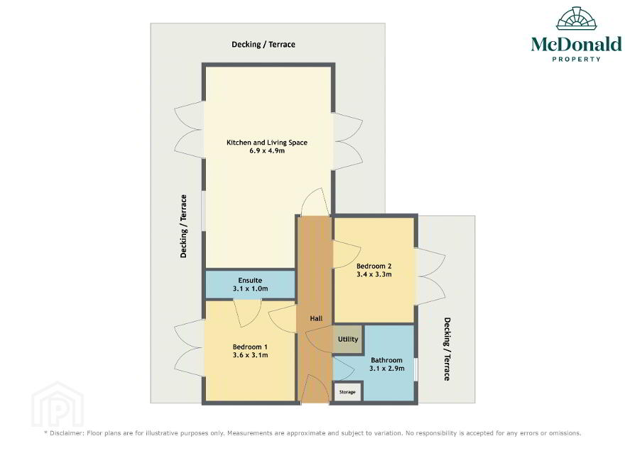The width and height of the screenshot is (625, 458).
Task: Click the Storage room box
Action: point(347,392)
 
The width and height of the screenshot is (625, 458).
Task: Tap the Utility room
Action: point(347,339)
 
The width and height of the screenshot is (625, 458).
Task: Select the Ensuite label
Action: point(250,280)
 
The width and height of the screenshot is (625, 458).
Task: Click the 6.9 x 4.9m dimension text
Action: point(266,151)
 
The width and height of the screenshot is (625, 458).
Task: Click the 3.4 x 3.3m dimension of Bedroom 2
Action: point(374,274)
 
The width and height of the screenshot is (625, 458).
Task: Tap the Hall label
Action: point(316,319)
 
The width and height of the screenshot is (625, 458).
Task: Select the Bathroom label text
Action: point(386,360)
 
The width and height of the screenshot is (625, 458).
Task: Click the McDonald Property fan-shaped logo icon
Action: point(577,18)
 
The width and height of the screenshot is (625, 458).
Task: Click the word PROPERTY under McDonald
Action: point(576,59)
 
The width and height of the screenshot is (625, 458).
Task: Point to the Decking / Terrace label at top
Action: point(263,44)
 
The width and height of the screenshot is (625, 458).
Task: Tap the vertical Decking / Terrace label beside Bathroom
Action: point(447,349)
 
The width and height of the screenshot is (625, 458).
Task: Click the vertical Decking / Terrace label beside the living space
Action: point(183,226)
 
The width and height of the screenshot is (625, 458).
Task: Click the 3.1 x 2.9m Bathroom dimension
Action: point(386,369)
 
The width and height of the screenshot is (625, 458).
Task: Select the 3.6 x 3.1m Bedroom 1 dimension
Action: point(250,355)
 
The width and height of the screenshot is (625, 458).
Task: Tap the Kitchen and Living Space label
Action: point(266,142)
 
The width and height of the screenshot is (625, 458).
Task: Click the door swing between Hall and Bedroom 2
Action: point(347,254)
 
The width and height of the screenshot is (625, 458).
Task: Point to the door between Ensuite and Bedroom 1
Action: point(247,313)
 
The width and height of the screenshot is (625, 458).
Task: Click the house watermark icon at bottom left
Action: point(58,405)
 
